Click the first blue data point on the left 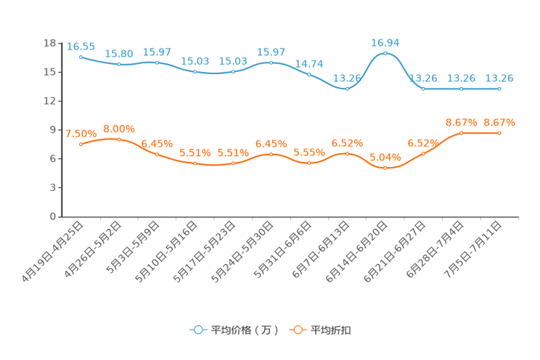click(81, 57)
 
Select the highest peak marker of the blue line click(385, 54)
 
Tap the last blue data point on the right click(499, 89)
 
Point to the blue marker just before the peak click(347, 88)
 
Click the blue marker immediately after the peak click(423, 89)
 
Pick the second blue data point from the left click(119, 65)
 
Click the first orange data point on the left click(81, 144)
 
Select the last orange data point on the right click(499, 133)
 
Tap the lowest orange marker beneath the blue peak click(385, 168)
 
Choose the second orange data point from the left click(119, 139)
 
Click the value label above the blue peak click(385, 43)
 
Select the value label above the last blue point click(499, 78)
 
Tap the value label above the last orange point click(499, 122)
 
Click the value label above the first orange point click(81, 134)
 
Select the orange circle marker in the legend click(297, 330)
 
